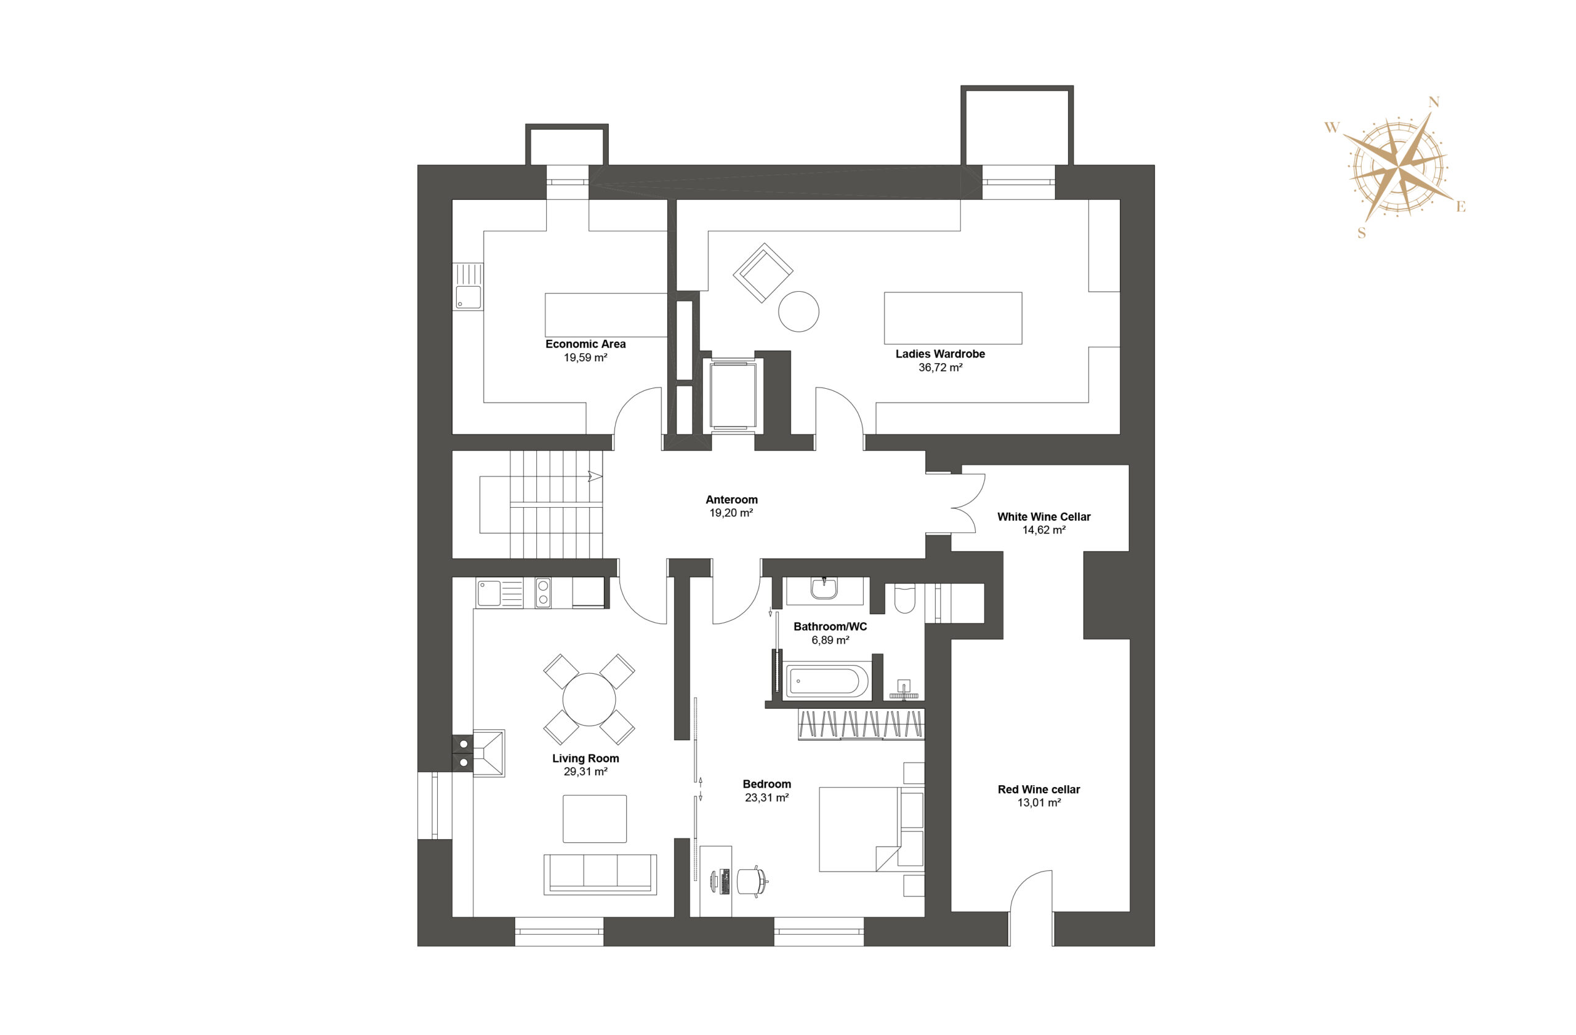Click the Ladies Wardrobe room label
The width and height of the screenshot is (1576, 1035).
point(939,354)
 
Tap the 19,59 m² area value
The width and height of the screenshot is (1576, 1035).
point(585,358)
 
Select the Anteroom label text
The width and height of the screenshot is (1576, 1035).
point(732,500)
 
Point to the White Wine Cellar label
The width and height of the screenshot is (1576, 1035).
point(1043,517)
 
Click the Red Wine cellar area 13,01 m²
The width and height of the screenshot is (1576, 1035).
point(1039,803)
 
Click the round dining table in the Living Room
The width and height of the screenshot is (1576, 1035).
point(589,700)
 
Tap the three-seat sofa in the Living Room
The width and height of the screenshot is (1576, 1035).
point(600,874)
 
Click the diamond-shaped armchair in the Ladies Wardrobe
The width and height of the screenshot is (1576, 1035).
point(763,273)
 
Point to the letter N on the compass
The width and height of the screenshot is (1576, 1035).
point(1434,102)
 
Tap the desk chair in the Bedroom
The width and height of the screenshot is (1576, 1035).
point(752,881)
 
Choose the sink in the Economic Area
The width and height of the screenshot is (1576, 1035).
point(468,297)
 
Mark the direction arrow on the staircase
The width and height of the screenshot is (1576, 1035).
point(595,476)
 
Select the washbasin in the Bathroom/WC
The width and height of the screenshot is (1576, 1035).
point(824,588)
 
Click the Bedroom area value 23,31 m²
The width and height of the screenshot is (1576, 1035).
point(767,798)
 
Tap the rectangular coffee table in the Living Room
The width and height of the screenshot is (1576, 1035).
point(595,818)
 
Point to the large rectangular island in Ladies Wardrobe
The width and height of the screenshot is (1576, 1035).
point(953,318)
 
